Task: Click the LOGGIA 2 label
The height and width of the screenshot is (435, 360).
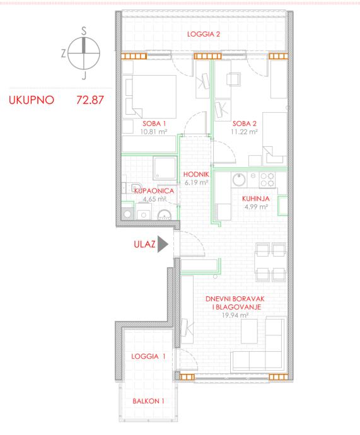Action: pyautogui.click(x=204, y=34)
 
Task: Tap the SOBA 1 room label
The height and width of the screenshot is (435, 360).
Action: pyautogui.click(x=154, y=124)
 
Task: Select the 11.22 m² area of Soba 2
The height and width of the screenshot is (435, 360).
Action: pyautogui.click(x=245, y=132)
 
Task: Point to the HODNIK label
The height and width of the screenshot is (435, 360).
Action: pyautogui.click(x=196, y=175)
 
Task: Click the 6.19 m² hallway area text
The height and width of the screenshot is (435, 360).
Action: pyautogui.click(x=196, y=183)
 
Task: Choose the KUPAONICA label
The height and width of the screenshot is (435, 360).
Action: pyautogui.click(x=154, y=191)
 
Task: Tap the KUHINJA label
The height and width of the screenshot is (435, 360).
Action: pyautogui.click(x=256, y=199)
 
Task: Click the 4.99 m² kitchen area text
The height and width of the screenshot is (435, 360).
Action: pyautogui.click(x=256, y=207)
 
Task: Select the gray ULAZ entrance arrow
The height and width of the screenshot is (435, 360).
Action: pyautogui.click(x=163, y=244)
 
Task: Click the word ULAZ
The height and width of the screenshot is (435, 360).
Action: pyautogui.click(x=144, y=245)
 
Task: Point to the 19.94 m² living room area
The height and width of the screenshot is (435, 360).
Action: pyautogui.click(x=235, y=315)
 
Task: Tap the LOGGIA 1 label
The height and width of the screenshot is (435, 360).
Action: pyautogui.click(x=148, y=356)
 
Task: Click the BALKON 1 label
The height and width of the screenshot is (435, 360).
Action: pyautogui.click(x=148, y=401)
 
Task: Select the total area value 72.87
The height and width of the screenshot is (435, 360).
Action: pyautogui.click(x=90, y=100)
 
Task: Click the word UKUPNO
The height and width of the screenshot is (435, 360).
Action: pyautogui.click(x=32, y=100)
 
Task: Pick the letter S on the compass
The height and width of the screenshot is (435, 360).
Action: pyautogui.click(x=84, y=31)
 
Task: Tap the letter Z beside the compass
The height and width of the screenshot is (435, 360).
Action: pyautogui.click(x=64, y=53)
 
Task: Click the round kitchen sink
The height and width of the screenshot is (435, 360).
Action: pyautogui.click(x=239, y=179)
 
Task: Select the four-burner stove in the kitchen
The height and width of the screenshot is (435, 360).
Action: pyautogui.click(x=267, y=180)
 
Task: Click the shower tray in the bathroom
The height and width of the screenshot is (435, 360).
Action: pyautogui.click(x=165, y=168)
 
